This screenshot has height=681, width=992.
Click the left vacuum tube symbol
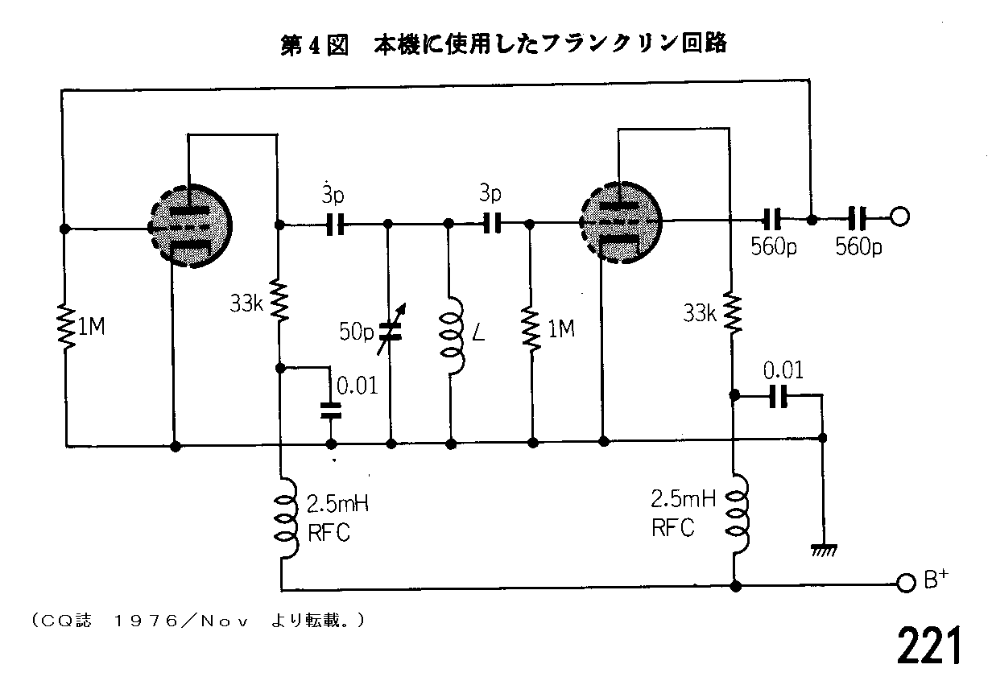(190, 226)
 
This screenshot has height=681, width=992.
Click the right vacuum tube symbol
(621, 223)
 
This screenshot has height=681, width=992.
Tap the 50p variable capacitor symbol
(391, 330)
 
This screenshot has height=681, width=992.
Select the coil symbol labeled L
(452, 336)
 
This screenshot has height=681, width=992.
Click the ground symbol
(824, 551)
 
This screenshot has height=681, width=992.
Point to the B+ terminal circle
(906, 583)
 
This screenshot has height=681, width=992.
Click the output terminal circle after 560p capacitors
(899, 217)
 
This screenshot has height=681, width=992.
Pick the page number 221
(929, 645)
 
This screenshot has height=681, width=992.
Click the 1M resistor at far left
(66, 327)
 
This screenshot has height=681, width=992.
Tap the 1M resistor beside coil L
(531, 330)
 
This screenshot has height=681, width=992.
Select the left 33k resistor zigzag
(279, 299)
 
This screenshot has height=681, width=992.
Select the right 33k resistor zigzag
(733, 312)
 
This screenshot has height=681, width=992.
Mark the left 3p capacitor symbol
(335, 225)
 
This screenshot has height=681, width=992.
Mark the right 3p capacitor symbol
(492, 223)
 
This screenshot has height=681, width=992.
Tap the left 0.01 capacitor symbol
(331, 411)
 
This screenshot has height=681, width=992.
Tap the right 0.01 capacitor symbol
(778, 396)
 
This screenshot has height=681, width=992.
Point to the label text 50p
(357, 331)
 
